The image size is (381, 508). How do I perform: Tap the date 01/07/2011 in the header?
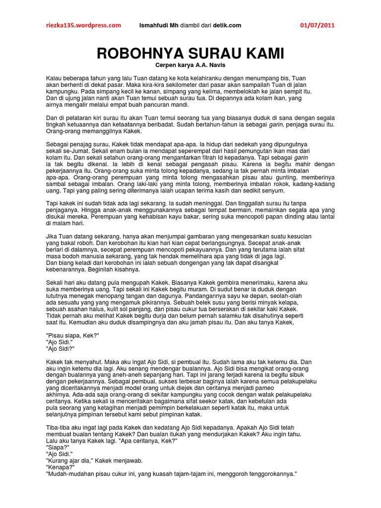tap(321, 25)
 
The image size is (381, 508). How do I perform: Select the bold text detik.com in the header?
tap(227, 25)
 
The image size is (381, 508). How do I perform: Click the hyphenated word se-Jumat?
tap(68, 150)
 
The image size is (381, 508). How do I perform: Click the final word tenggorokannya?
tap(266, 474)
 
